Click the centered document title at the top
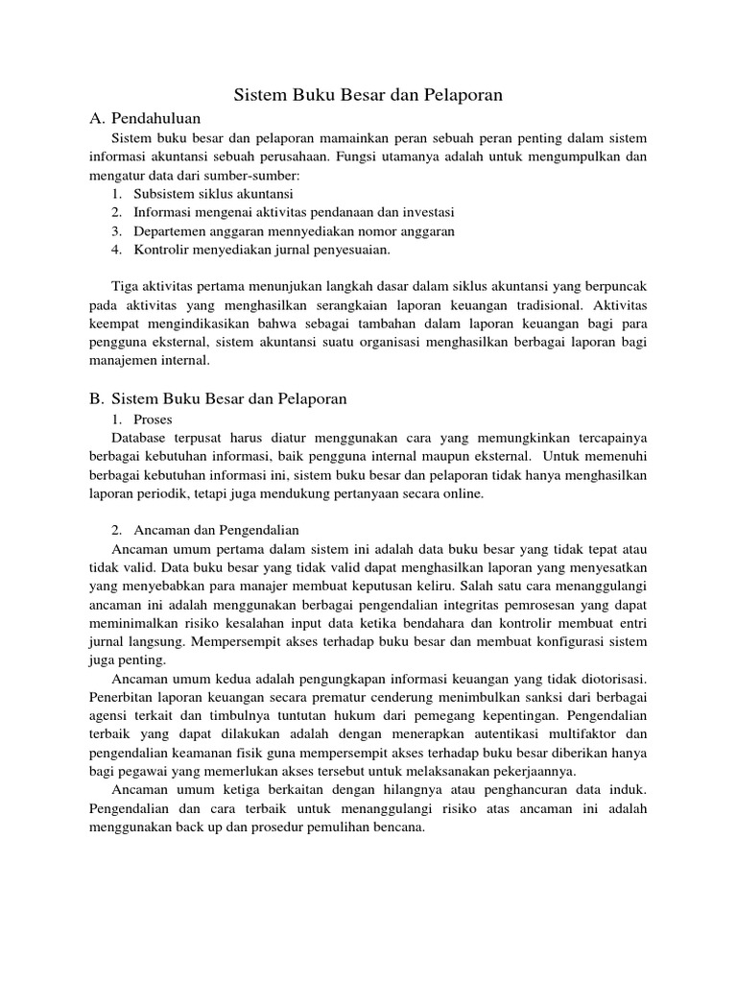point(368,95)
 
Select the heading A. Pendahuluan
point(145,118)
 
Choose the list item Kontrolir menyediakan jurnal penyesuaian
point(262,250)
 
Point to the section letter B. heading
point(96,398)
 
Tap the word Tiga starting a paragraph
point(128,287)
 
